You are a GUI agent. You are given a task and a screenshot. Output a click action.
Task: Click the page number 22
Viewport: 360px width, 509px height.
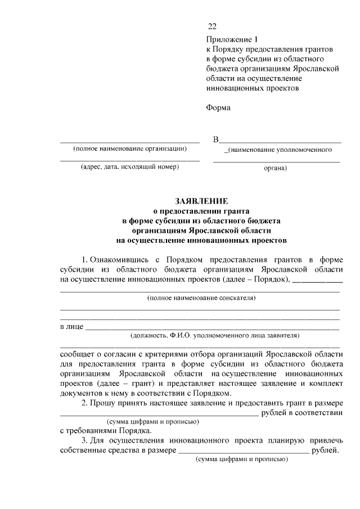(211, 26)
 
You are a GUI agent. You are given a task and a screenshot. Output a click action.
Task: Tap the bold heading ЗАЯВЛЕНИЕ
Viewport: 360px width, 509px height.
(201, 201)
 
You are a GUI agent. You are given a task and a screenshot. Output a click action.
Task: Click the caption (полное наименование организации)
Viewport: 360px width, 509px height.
(129, 149)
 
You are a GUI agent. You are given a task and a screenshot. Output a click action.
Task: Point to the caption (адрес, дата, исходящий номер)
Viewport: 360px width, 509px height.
(129, 167)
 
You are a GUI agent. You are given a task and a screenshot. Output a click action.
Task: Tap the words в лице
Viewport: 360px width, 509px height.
(71, 327)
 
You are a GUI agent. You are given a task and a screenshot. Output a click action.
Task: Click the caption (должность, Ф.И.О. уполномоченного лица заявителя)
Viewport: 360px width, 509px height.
(214, 336)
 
